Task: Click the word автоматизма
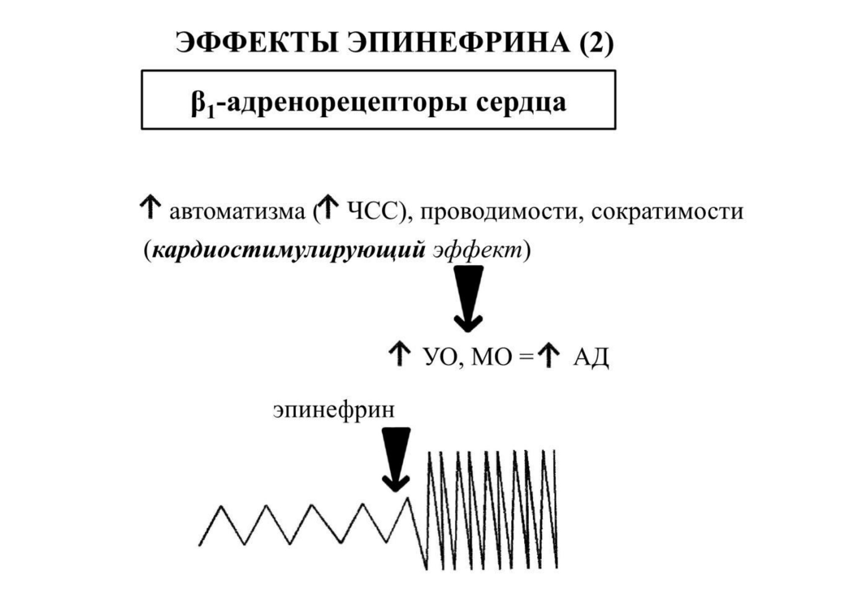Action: tap(237, 212)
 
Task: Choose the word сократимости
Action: tap(667, 212)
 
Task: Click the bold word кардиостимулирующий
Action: tap(289, 251)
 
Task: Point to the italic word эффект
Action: tap(478, 251)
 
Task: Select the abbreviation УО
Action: tap(439, 357)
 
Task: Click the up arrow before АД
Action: tap(549, 355)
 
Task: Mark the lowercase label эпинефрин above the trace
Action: tap(334, 410)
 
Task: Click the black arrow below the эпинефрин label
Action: tap(396, 460)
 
